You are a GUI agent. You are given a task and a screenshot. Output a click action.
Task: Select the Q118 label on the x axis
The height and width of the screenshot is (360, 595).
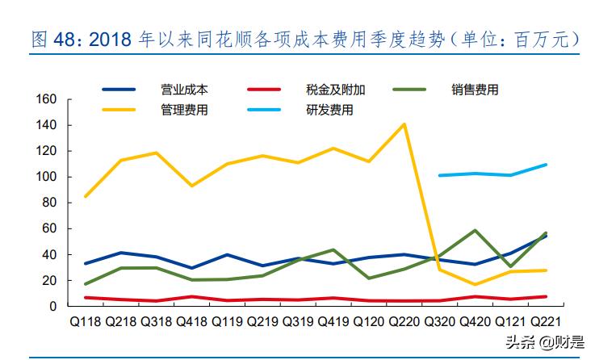85,322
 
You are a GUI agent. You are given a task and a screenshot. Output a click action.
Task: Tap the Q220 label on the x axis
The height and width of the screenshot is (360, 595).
404,322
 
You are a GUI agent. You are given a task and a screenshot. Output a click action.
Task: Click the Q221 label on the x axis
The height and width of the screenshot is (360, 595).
546,322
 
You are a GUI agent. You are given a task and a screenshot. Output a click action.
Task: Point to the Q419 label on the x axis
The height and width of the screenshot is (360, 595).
333,322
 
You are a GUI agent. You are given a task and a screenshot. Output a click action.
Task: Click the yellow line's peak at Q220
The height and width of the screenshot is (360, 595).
404,124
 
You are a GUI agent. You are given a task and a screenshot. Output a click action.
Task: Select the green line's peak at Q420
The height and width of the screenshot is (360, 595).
475,231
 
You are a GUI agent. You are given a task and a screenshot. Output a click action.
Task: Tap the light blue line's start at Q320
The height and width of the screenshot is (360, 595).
439,175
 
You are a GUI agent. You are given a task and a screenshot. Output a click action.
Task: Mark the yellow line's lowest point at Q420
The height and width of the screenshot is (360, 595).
475,284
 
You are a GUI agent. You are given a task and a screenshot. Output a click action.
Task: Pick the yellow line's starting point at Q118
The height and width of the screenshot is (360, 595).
85,196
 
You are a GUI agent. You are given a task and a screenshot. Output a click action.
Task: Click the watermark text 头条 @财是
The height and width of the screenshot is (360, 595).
546,341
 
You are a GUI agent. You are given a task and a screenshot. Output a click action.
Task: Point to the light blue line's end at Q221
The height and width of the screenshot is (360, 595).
546,165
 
